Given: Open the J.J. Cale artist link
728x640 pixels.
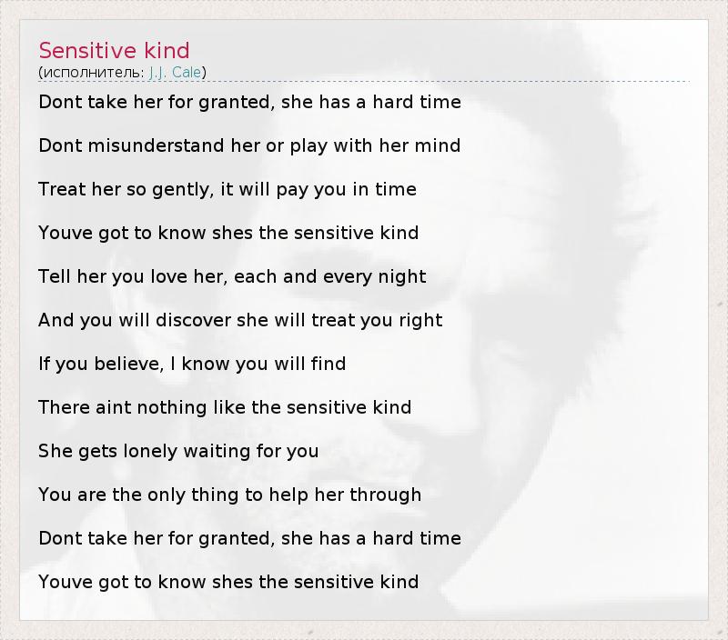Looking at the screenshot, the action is click(175, 73).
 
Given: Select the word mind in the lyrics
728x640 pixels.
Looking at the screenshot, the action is click(438, 145).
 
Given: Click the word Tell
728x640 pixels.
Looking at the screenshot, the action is click(55, 276).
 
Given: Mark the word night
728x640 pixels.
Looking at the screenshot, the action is click(402, 277).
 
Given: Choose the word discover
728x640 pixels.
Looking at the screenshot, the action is click(193, 320).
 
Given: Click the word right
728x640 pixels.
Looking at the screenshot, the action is click(420, 321).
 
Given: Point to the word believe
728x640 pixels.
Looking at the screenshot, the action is click(129, 364).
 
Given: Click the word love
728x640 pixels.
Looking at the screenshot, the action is click(168, 276).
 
